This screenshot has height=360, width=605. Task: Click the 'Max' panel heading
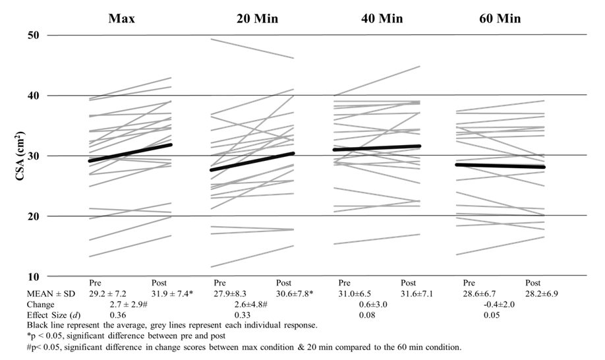tap(122, 18)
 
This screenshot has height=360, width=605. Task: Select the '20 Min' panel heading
tap(257, 18)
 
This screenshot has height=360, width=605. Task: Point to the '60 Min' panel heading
tap(500, 18)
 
